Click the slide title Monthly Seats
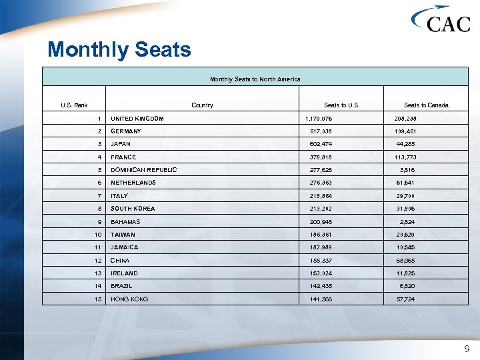pos(119,50)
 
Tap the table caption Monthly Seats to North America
pos(255,79)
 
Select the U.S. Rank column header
pos(74,105)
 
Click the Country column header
pos(202,105)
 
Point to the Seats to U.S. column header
pos(341,105)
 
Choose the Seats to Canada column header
pos(426,105)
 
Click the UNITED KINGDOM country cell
pos(137,119)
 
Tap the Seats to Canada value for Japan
pos(405,144)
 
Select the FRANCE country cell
pos(123,157)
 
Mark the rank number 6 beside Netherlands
pos(99,183)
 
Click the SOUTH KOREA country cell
pos(133,209)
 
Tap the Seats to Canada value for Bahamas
pos(407,221)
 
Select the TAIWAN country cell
pos(123,235)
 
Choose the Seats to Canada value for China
pos(405,261)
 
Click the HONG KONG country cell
pos(129,299)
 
